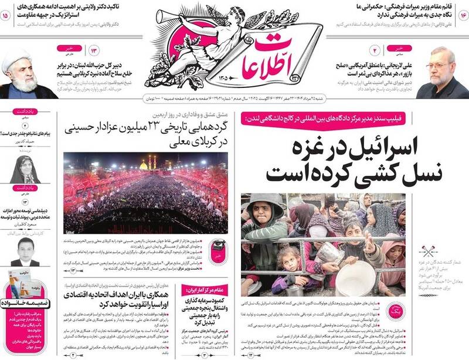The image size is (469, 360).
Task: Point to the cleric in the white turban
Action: (x=20, y=75)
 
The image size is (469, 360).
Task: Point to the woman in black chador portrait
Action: (x=25, y=169)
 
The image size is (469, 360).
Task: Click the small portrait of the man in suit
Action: (x=26, y=251)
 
